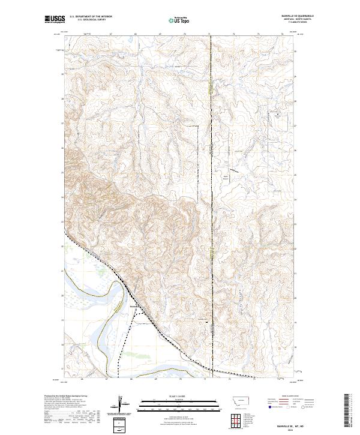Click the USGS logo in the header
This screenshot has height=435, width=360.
pyautogui.click(x=55, y=19)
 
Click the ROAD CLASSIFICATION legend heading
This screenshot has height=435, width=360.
pyautogui.click(x=290, y=396)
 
